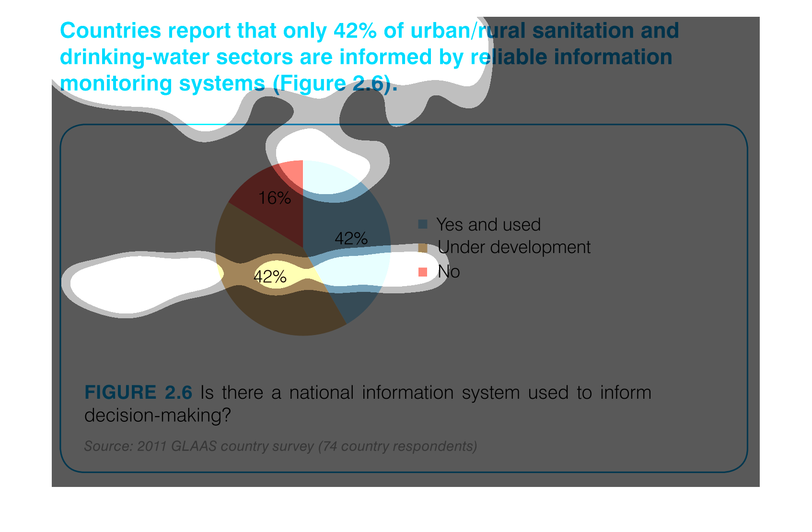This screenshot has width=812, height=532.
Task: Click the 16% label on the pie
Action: click(x=274, y=198)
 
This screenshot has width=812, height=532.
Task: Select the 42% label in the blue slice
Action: click(x=351, y=239)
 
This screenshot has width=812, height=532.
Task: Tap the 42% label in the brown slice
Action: click(x=270, y=277)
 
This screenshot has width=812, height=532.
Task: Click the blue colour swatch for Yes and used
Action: click(x=423, y=224)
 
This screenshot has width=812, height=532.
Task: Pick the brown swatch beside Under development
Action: click(x=423, y=248)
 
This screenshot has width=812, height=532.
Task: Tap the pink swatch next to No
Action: click(x=423, y=272)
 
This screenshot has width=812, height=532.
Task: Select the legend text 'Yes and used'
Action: click(x=488, y=225)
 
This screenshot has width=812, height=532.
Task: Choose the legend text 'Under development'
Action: click(x=514, y=248)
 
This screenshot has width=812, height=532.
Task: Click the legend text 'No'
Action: click(x=449, y=272)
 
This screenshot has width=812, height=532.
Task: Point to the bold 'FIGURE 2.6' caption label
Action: click(x=138, y=393)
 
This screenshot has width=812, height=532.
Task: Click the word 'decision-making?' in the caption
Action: click(x=158, y=416)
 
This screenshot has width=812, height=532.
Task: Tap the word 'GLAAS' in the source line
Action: click(x=194, y=447)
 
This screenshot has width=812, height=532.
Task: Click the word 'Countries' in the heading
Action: click(x=111, y=31)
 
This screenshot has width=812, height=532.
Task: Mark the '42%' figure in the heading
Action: click(x=355, y=31)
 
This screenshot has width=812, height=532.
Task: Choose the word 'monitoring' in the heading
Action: click(x=116, y=84)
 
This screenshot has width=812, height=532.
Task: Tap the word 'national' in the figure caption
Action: click(x=322, y=393)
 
